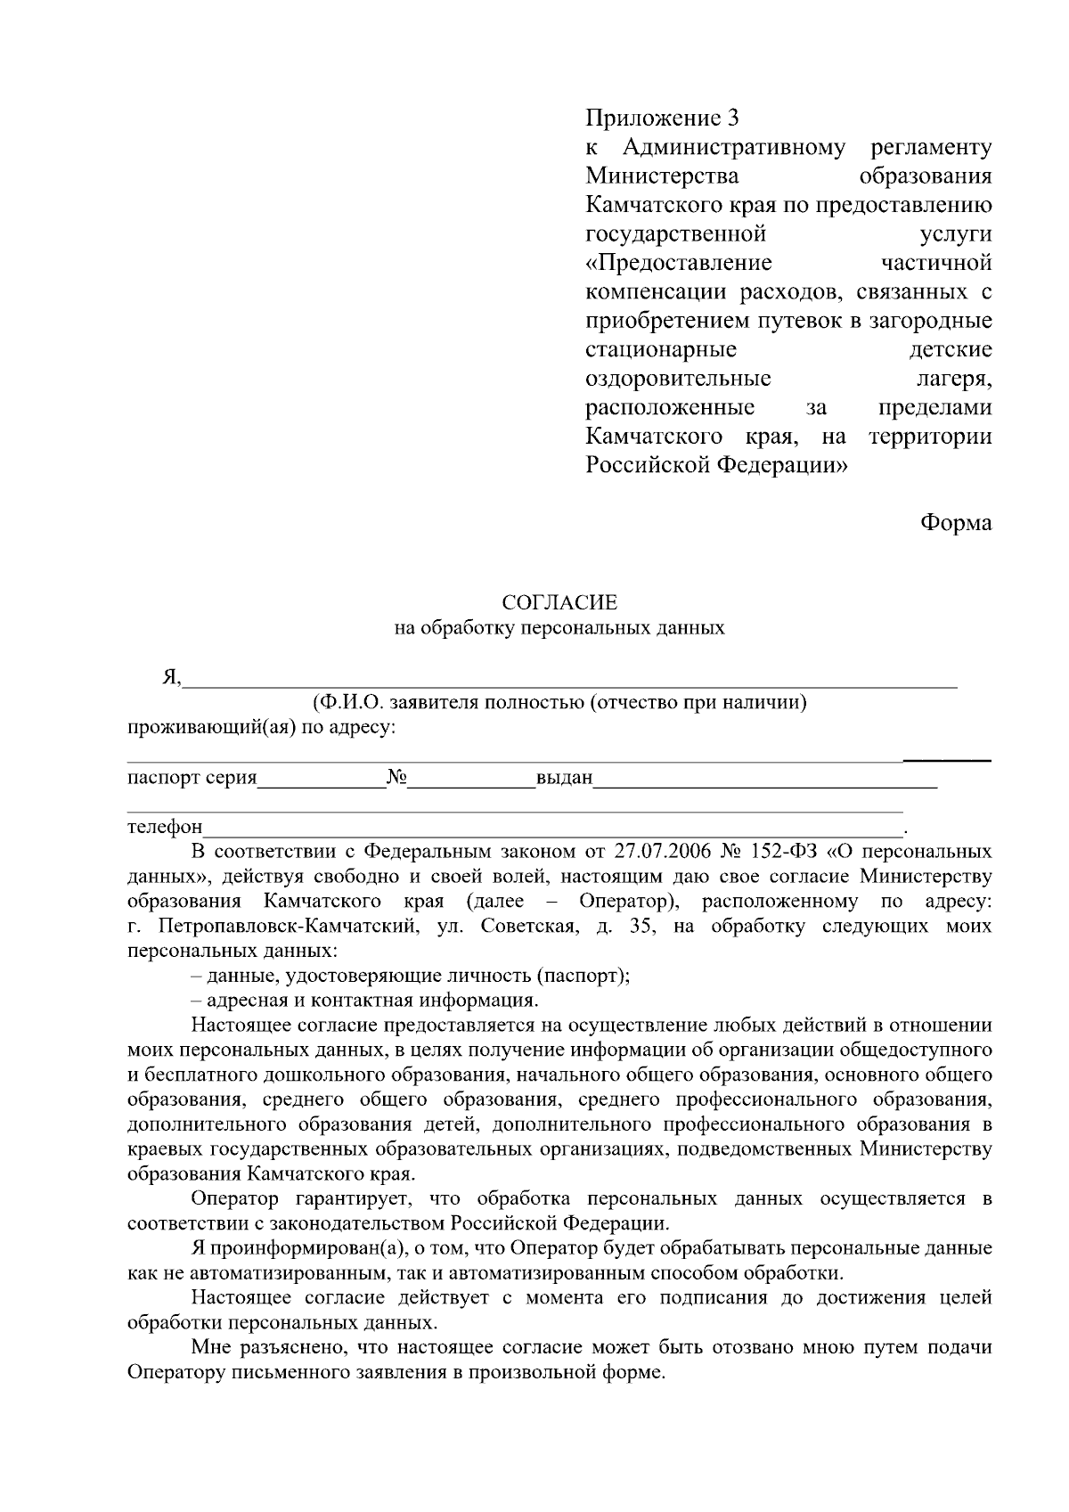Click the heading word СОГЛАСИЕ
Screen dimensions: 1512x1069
(x=559, y=603)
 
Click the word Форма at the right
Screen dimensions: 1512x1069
(x=955, y=523)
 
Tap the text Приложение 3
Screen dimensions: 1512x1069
(x=662, y=118)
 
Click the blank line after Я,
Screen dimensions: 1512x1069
(x=570, y=682)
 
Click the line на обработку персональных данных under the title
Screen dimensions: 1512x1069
(x=559, y=628)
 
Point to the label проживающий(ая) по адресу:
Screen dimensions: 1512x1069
(x=261, y=727)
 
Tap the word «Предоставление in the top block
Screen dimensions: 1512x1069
(x=679, y=263)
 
